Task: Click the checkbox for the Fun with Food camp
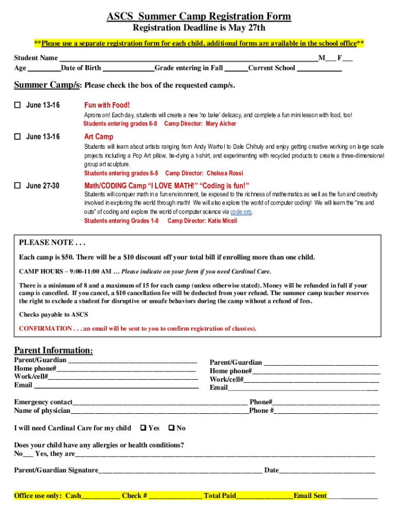pos(17,105)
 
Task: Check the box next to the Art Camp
pos(17,137)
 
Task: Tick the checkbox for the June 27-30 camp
pos(17,186)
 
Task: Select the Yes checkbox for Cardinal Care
pos(143,428)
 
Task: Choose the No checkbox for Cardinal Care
pos(172,428)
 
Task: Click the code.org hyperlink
pos(241,212)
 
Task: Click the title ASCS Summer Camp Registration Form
pos(198,17)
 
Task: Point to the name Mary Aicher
pos(221,124)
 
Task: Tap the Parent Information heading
pos(53,350)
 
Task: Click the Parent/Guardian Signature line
pos(180,471)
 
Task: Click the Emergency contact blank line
pos(160,402)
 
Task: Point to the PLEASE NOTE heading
pos(52,243)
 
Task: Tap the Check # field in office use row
pos(175,496)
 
